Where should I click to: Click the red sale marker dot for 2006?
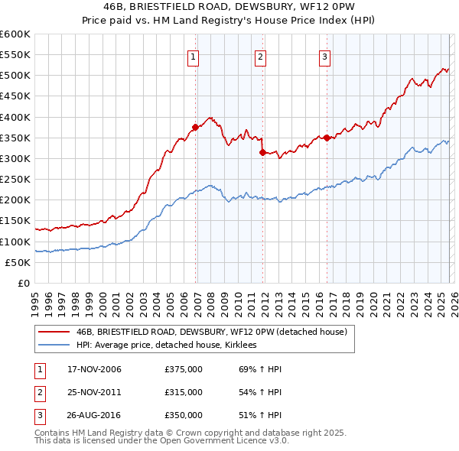196,128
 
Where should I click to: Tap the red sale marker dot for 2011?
263,152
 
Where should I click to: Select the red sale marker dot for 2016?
327,138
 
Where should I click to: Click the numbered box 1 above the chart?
194,56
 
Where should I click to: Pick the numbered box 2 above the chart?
260,56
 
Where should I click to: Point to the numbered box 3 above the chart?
324,56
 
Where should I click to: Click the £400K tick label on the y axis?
15,117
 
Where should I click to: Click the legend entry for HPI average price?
166,346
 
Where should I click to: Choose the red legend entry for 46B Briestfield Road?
211,332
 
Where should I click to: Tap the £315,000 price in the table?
184,392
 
